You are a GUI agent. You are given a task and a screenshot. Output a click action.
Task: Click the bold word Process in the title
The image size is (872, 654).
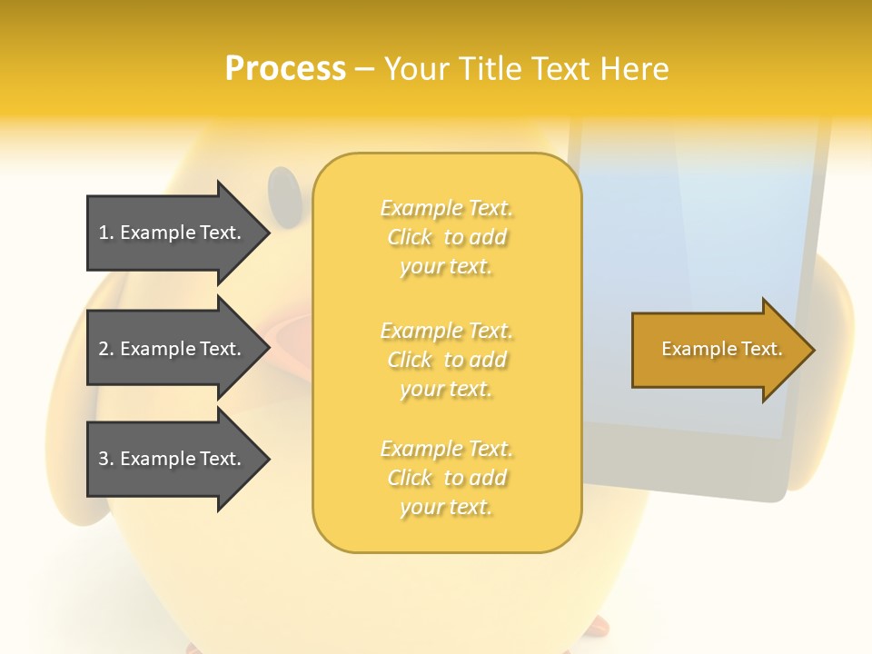point(285,69)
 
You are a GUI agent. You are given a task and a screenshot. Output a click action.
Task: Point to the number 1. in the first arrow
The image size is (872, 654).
point(105,233)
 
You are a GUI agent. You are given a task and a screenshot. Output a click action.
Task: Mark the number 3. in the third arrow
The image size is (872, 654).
point(105,460)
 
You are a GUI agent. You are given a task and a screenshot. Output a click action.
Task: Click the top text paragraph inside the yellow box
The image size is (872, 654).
point(446,237)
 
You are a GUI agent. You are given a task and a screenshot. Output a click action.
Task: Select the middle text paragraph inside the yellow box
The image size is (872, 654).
point(446,360)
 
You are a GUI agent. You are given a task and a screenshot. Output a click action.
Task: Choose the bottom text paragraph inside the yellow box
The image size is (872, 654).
point(446,478)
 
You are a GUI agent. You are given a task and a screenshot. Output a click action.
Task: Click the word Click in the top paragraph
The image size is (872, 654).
point(410,238)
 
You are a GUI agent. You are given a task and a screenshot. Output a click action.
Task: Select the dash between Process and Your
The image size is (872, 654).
point(364,69)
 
